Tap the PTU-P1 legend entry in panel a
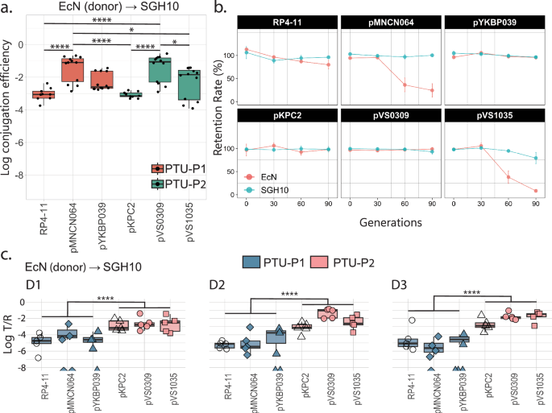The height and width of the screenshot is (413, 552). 173,168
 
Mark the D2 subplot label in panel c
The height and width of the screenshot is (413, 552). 217,285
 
